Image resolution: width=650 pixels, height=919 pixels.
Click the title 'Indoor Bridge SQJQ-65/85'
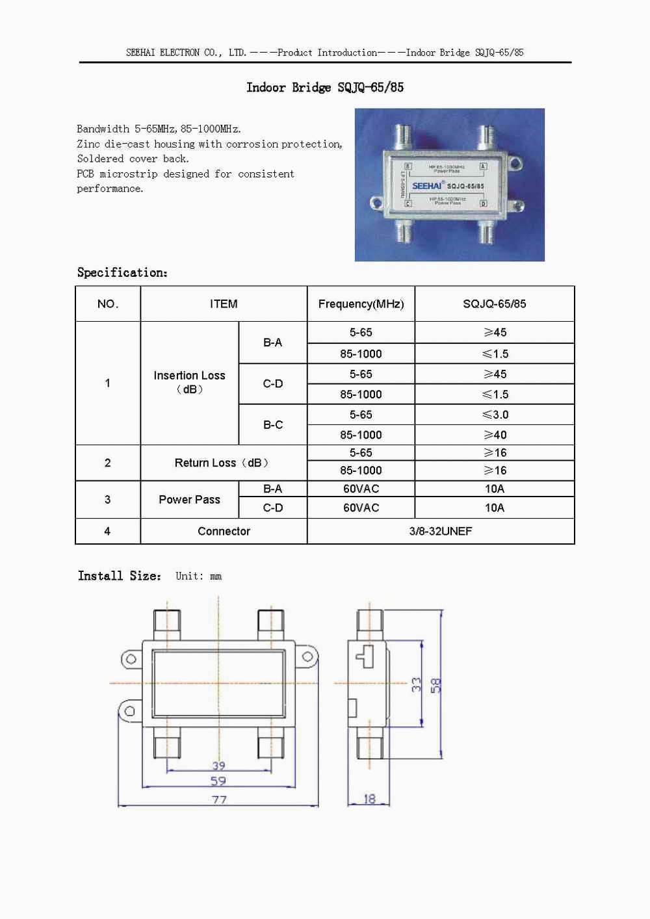coord(325,87)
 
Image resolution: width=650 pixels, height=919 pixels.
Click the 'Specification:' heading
coord(122,272)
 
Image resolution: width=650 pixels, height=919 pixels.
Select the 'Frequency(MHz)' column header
coord(361,304)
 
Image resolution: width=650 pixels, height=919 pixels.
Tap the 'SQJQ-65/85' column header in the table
coord(495,304)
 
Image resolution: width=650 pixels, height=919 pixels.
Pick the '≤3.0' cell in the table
coord(495,415)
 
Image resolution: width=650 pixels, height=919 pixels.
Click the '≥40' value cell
coord(495,435)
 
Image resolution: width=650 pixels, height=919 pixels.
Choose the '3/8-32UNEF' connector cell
coord(441,531)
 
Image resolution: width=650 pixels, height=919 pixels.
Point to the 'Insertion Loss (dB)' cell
coord(189,382)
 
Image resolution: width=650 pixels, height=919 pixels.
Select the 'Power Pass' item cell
coord(189,499)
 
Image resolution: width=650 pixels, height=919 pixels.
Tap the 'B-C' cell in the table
coord(273,424)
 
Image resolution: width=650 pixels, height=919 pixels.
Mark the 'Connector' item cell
coord(224,531)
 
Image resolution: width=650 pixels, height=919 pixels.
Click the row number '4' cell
coord(107,531)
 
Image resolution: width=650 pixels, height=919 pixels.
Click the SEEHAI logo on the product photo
coord(427,186)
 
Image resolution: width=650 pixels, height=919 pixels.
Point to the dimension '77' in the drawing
coord(219,799)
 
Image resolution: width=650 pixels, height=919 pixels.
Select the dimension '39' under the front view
coord(218,766)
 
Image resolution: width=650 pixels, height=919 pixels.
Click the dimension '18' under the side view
coord(369,799)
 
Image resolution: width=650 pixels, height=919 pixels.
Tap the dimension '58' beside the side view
coord(436,685)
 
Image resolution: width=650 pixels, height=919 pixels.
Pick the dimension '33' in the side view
coord(416,684)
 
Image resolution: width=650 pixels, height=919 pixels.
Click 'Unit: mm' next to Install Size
coord(198,576)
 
